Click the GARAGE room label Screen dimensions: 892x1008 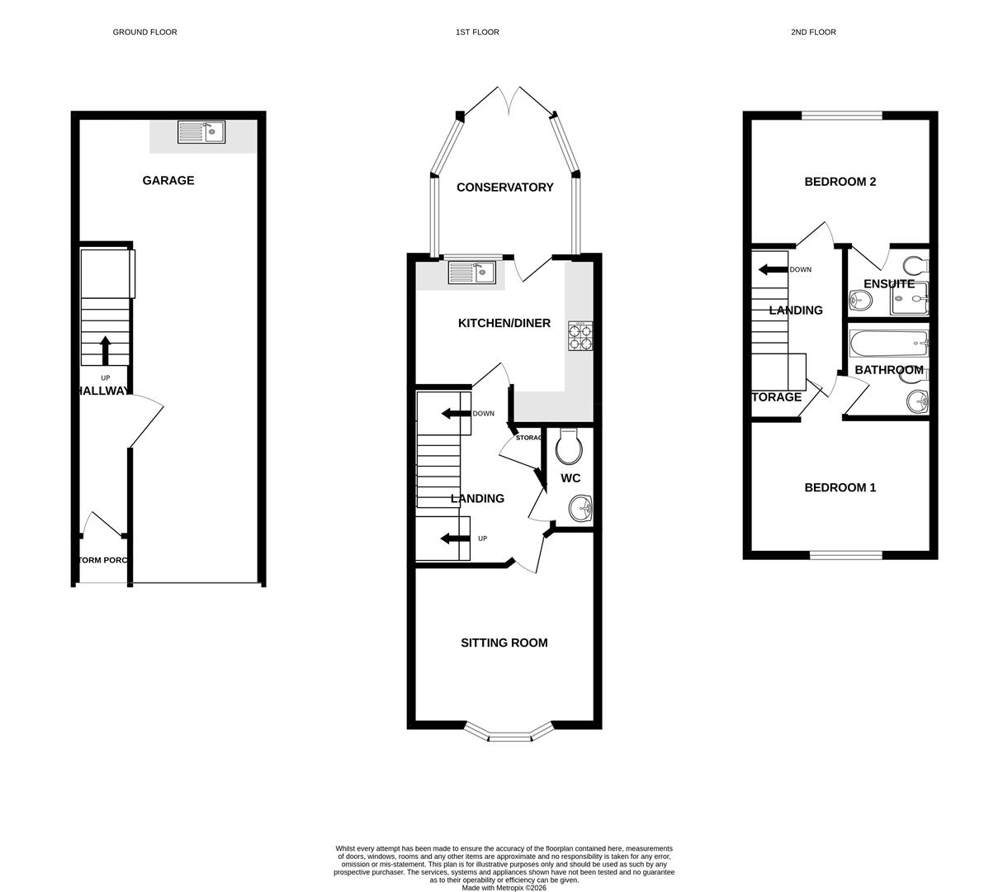click(x=168, y=180)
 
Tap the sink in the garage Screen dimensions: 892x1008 click(x=201, y=132)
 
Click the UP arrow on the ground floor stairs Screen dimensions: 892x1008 click(x=105, y=350)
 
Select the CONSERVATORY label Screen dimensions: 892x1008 click(x=504, y=187)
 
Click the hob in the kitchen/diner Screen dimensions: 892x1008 click(x=580, y=337)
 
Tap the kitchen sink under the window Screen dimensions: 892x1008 click(x=471, y=272)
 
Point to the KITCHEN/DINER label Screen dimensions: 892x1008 click(x=504, y=323)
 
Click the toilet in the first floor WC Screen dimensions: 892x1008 click(x=570, y=447)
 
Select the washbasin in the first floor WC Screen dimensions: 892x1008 click(x=580, y=509)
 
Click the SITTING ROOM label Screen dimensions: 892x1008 click(x=504, y=643)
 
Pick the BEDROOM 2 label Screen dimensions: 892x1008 click(x=840, y=182)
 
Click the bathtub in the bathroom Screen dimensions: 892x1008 click(x=889, y=342)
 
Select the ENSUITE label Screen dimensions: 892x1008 click(x=888, y=284)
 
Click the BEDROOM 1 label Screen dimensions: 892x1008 click(x=840, y=487)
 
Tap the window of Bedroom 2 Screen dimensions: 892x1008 click(x=841, y=116)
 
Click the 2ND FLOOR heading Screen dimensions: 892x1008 click(x=813, y=32)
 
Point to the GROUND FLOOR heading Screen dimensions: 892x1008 click(x=144, y=32)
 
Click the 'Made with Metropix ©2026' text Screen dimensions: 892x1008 click(x=504, y=888)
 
